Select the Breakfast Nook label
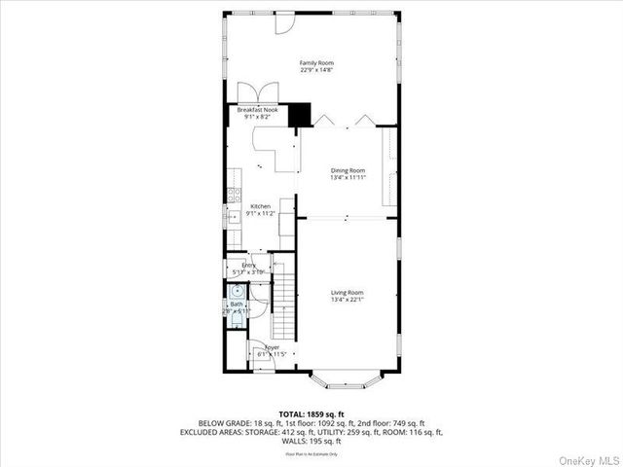point(257,110)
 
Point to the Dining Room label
point(347,170)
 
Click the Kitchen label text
point(260,206)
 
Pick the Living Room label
point(347,293)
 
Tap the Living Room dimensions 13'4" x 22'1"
point(347,300)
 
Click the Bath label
point(237,305)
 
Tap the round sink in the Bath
point(237,290)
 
